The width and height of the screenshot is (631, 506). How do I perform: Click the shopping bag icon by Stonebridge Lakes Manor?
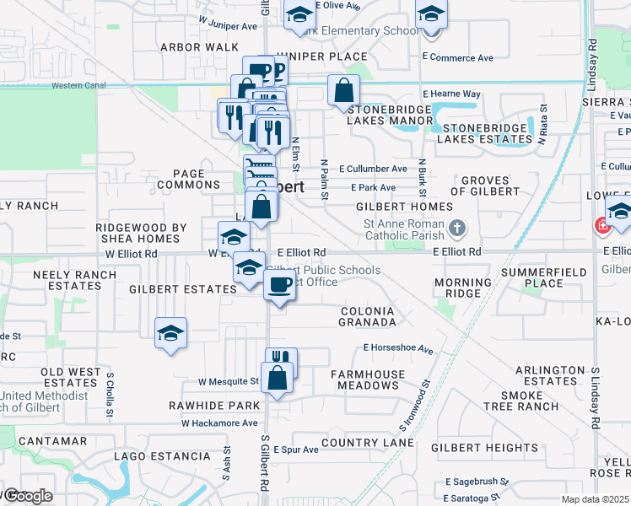[x=344, y=90]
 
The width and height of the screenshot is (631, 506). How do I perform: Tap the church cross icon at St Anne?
[x=456, y=228]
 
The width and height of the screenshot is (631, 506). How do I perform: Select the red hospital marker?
[x=602, y=225]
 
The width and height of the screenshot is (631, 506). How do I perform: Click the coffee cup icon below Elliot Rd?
[x=279, y=285]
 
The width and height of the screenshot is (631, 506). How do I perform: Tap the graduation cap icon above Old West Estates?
[x=170, y=333]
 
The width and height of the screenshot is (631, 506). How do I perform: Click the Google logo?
[x=27, y=496]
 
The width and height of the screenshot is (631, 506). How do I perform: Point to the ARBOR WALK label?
[x=199, y=47]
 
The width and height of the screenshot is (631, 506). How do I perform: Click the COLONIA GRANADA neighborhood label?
[x=368, y=316]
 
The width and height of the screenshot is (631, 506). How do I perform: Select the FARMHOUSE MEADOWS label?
[x=368, y=379]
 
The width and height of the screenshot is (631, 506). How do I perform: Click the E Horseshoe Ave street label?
[x=398, y=347]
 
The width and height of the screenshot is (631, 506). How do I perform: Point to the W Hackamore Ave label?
[x=217, y=423]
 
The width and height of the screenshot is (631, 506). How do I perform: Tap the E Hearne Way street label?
[x=452, y=94]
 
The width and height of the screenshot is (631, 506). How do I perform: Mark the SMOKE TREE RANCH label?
[x=529, y=401]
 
